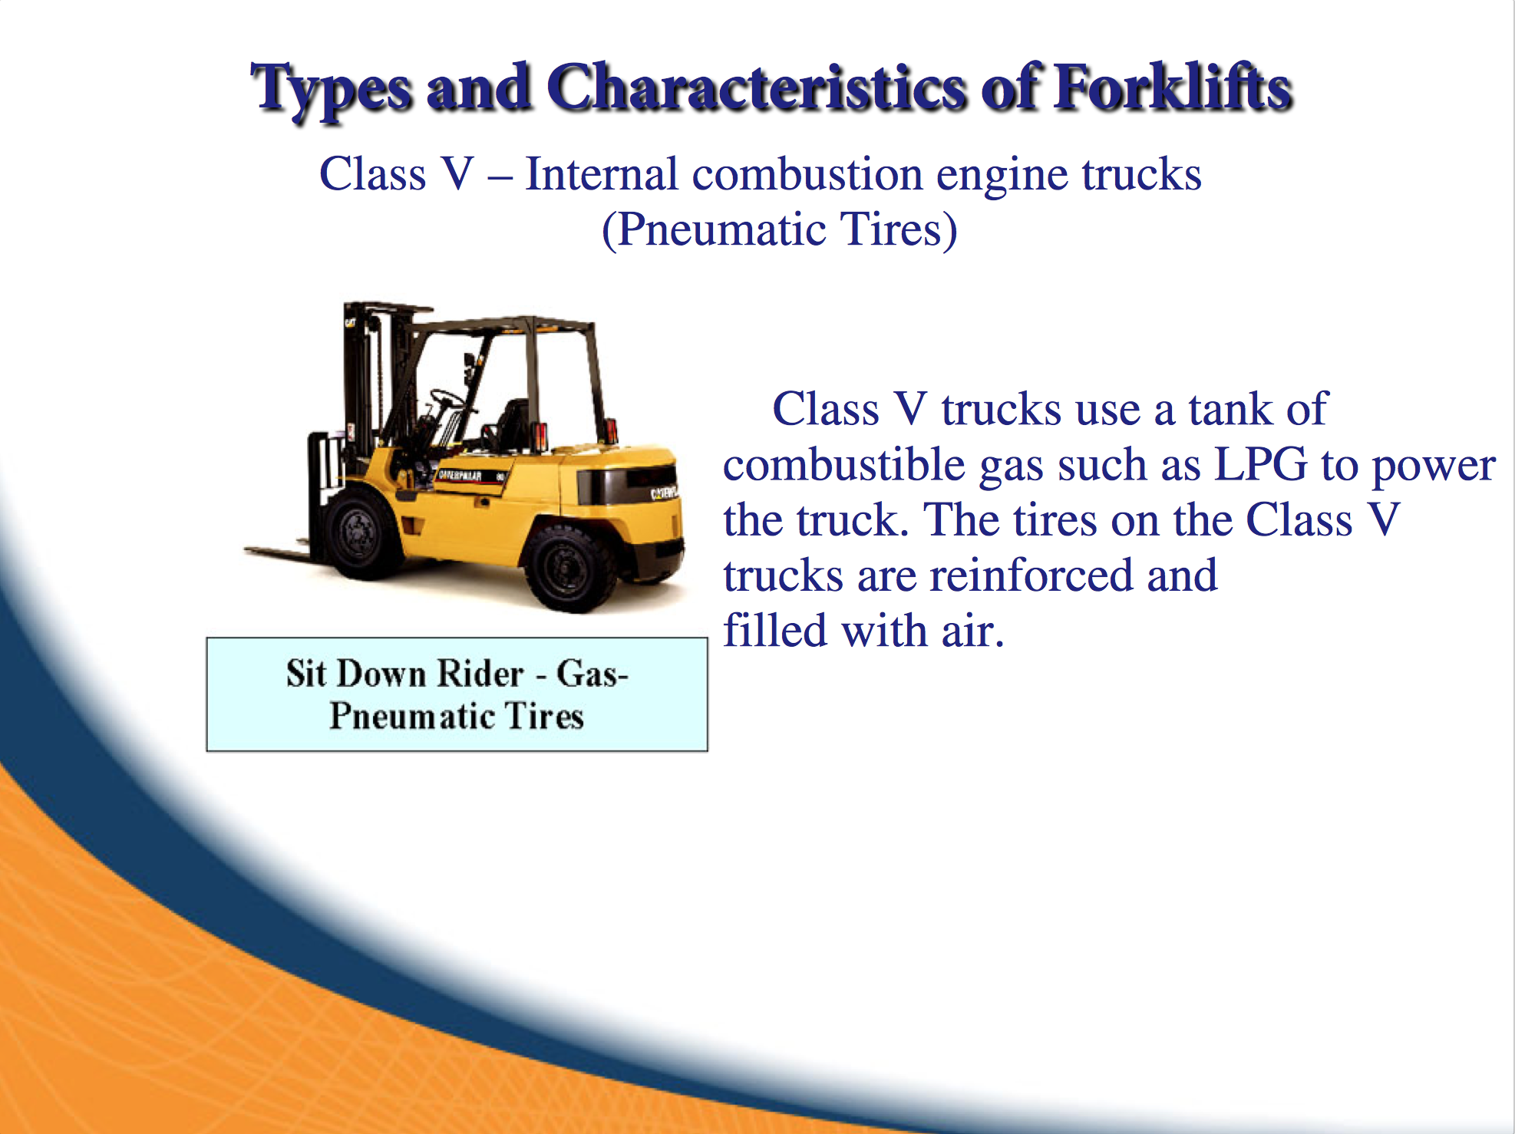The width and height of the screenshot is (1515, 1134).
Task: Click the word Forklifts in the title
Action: tap(1173, 89)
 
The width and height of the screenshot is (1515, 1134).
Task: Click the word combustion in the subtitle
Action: tap(807, 174)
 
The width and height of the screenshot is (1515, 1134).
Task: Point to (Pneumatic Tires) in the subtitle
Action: tap(779, 229)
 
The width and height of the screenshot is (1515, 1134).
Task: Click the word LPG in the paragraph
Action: tap(1260, 464)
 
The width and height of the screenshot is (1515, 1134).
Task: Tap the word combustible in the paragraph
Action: tap(844, 464)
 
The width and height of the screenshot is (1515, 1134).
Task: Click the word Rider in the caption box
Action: tap(480, 674)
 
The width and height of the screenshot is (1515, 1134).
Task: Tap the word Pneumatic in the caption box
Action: tap(411, 717)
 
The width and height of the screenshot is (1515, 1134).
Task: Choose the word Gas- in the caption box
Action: tap(592, 674)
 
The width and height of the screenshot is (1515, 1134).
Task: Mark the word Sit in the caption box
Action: tap(306, 674)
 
